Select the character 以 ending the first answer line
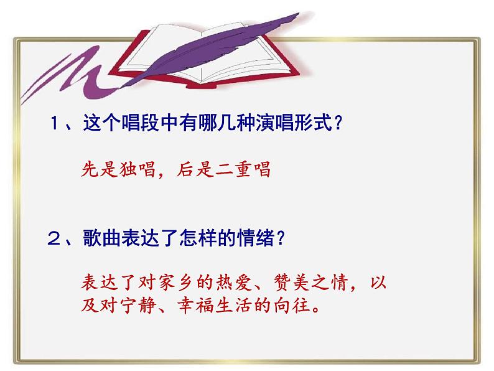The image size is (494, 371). click(378, 282)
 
